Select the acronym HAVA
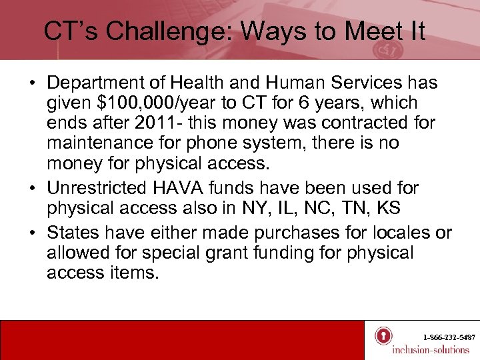[x=194, y=188]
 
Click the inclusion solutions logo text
[x=431, y=349]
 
